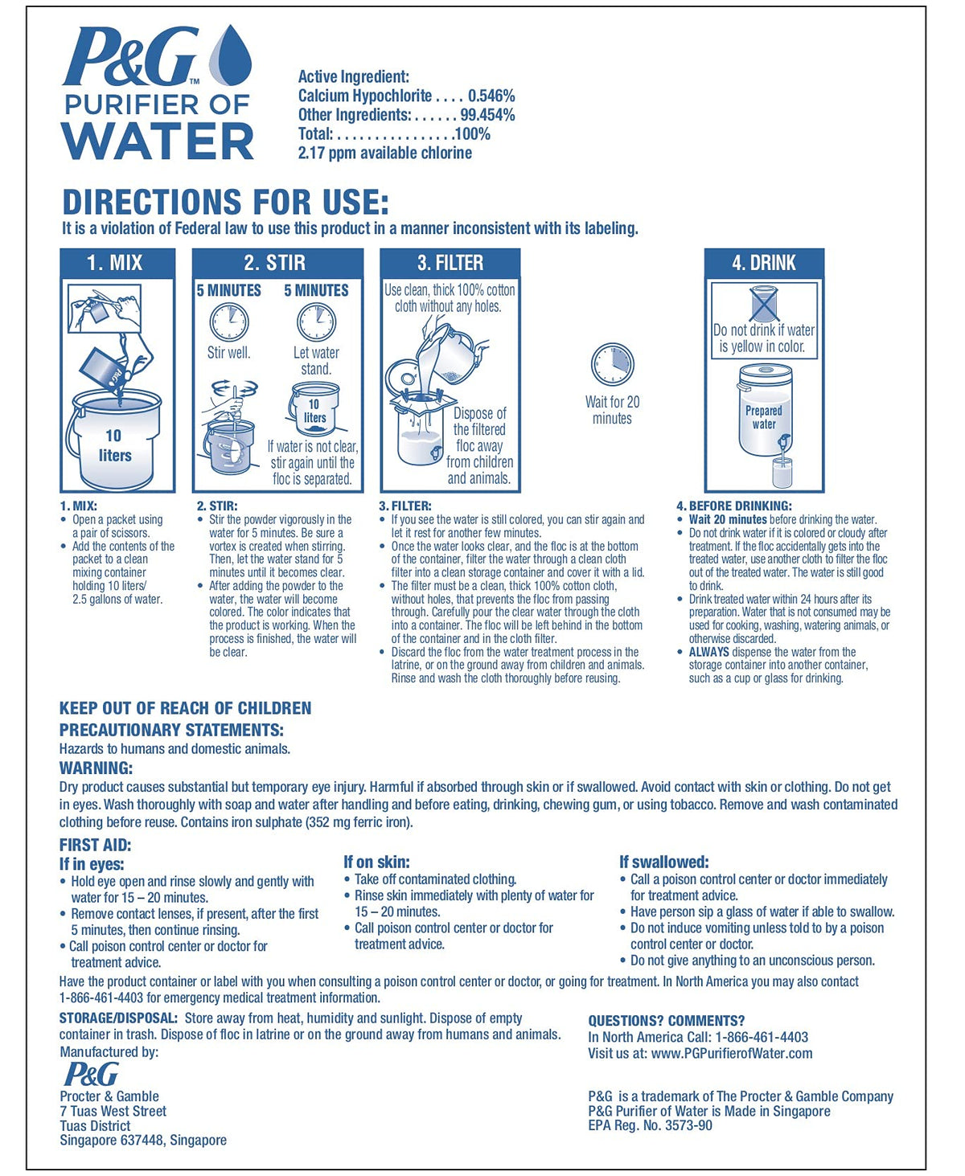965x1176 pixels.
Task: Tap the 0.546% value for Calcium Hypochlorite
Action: (x=491, y=96)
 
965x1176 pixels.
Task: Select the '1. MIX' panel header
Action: (x=116, y=263)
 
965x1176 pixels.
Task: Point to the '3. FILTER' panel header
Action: (x=450, y=263)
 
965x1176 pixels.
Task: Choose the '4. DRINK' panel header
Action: (x=764, y=263)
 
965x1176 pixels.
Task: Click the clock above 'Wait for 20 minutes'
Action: (x=613, y=364)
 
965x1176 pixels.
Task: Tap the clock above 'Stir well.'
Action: (x=229, y=322)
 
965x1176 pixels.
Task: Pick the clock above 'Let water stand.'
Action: (x=316, y=322)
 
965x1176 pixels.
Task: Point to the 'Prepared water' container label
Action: (x=764, y=417)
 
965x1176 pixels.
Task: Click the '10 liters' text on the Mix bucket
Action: (x=114, y=445)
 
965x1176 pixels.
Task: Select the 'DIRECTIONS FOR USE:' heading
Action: (x=225, y=201)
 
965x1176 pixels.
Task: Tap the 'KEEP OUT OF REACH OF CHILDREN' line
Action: (x=185, y=708)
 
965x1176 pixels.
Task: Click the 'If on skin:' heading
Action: (x=376, y=862)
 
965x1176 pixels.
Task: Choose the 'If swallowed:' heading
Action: (x=663, y=862)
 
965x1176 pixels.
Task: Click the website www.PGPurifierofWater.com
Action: (x=732, y=1053)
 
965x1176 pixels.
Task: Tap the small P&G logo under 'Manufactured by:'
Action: (x=91, y=1074)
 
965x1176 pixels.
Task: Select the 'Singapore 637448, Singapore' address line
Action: (x=143, y=1140)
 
